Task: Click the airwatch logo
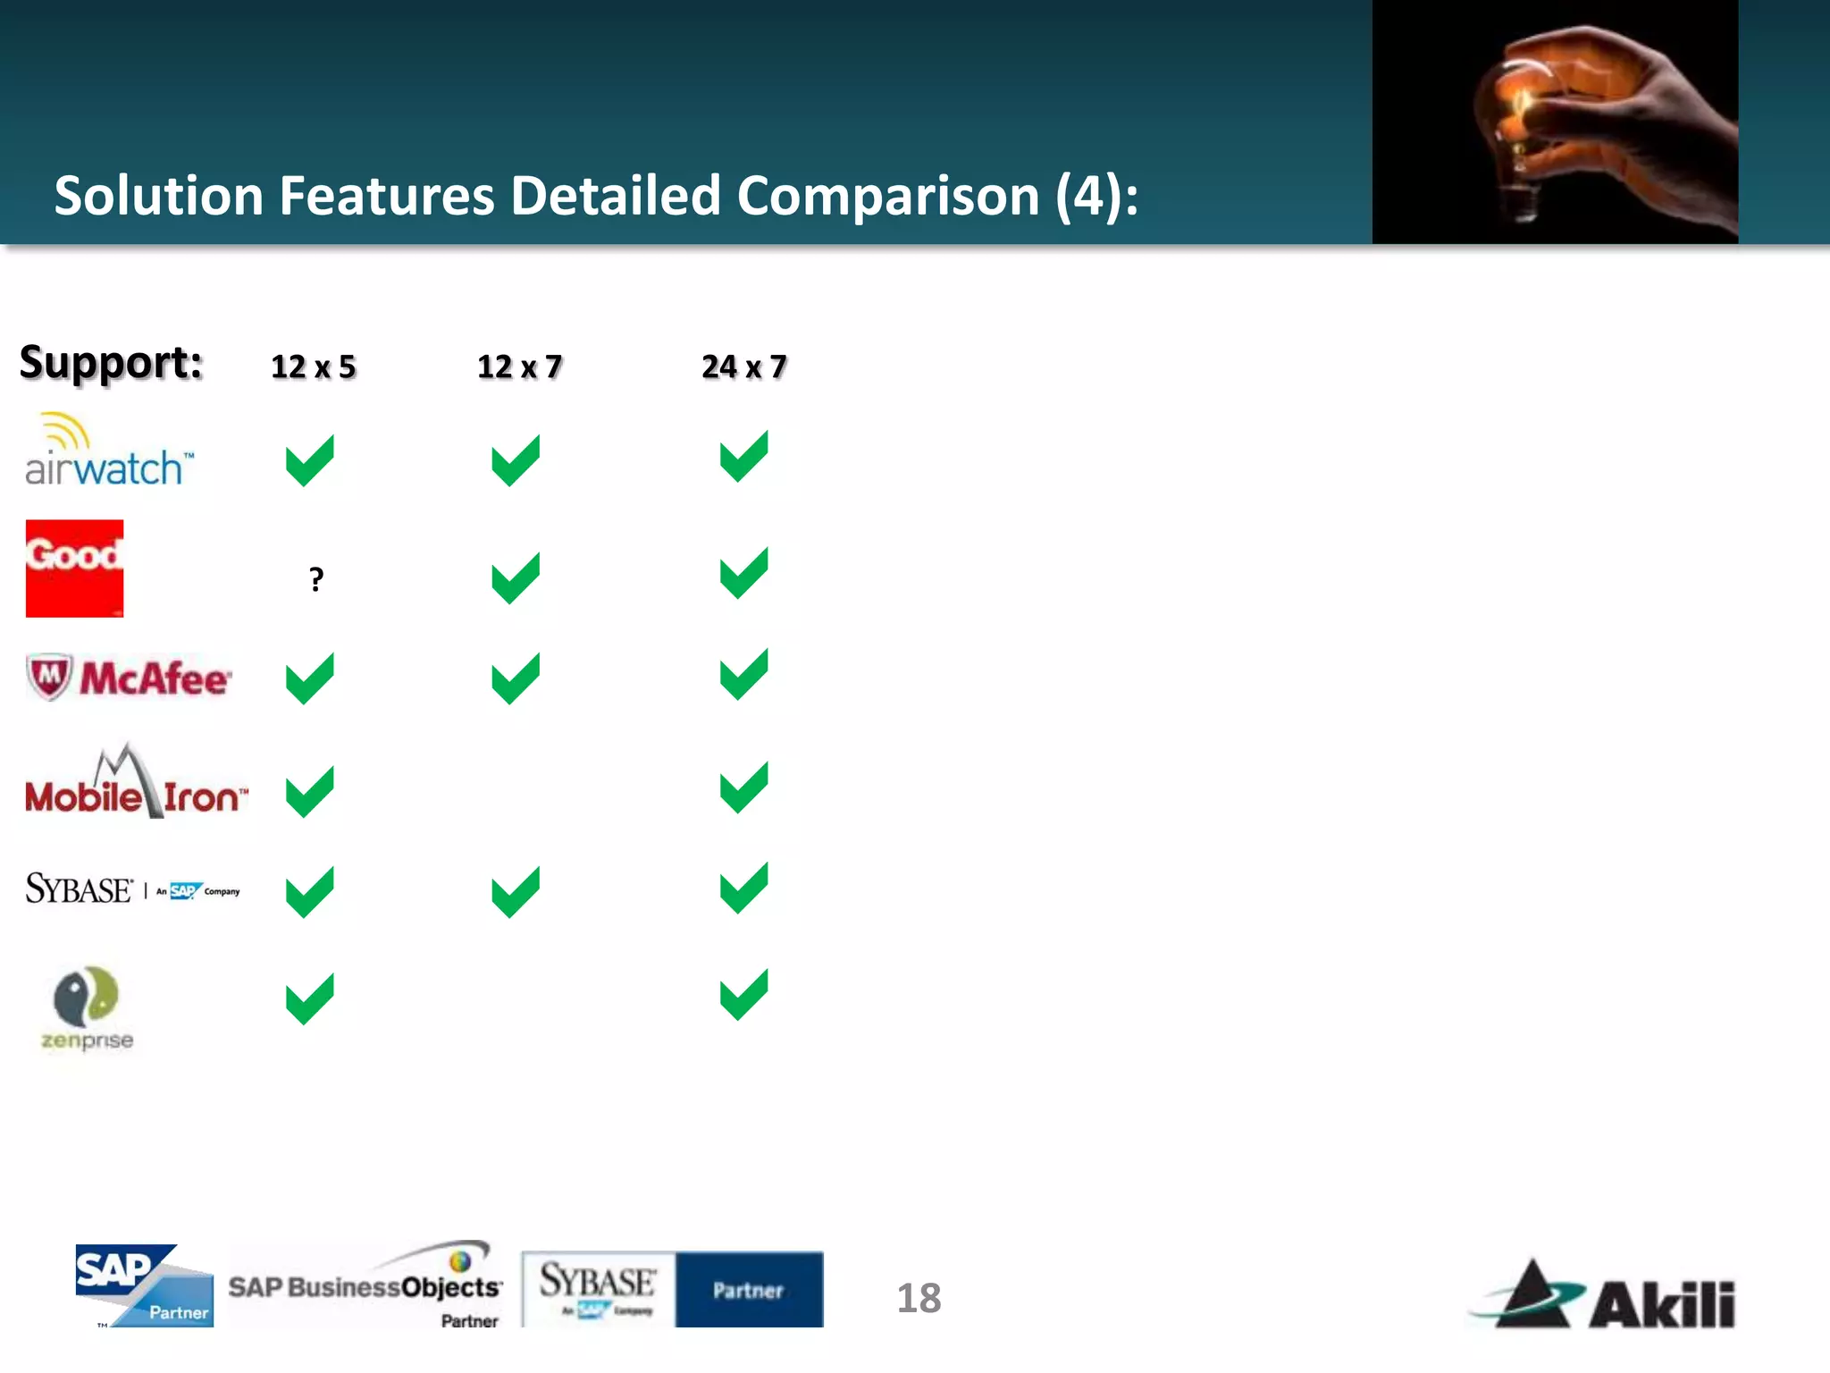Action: click(x=107, y=452)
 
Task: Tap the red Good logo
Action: click(x=74, y=569)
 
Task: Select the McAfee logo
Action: click(x=129, y=678)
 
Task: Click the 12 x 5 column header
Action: click(x=313, y=366)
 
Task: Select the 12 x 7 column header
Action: click(x=519, y=366)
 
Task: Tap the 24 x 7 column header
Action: click(x=743, y=366)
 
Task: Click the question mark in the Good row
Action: click(x=316, y=579)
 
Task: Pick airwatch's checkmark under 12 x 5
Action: click(x=309, y=460)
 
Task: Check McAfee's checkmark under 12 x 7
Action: click(x=516, y=678)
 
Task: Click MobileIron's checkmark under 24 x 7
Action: click(x=743, y=788)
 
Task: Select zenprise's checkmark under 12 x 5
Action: click(x=309, y=998)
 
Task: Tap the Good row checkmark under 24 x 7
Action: click(x=743, y=573)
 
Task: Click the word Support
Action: click(x=111, y=363)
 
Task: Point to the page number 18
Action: click(x=919, y=1298)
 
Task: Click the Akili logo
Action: click(x=1605, y=1296)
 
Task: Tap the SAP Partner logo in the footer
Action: click(x=144, y=1285)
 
